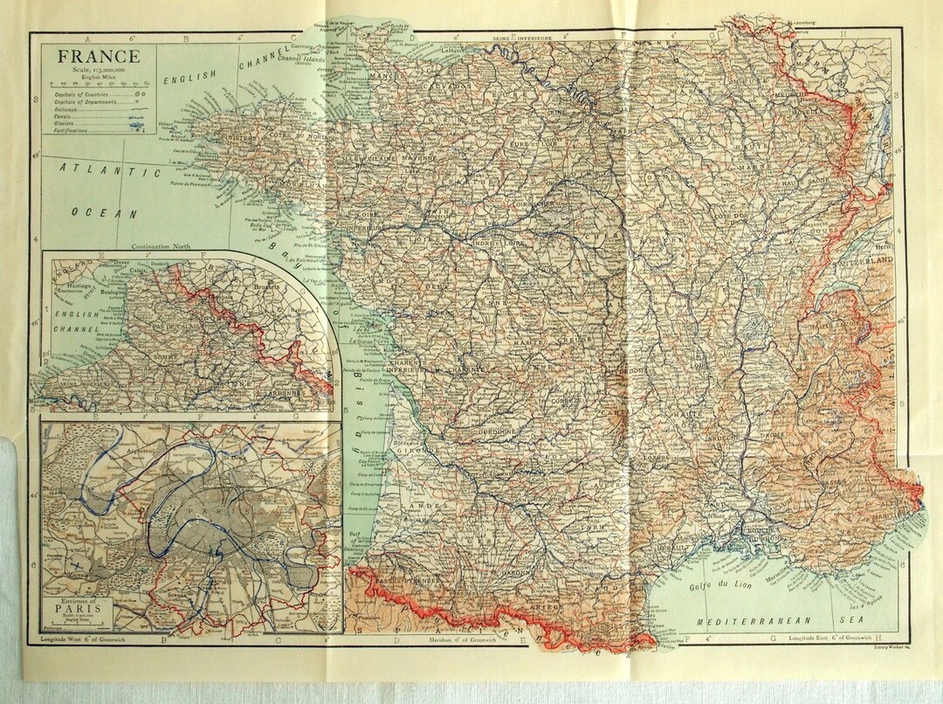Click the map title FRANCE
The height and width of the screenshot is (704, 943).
94,56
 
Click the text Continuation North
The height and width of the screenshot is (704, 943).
162,247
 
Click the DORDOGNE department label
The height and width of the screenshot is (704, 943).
499,431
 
